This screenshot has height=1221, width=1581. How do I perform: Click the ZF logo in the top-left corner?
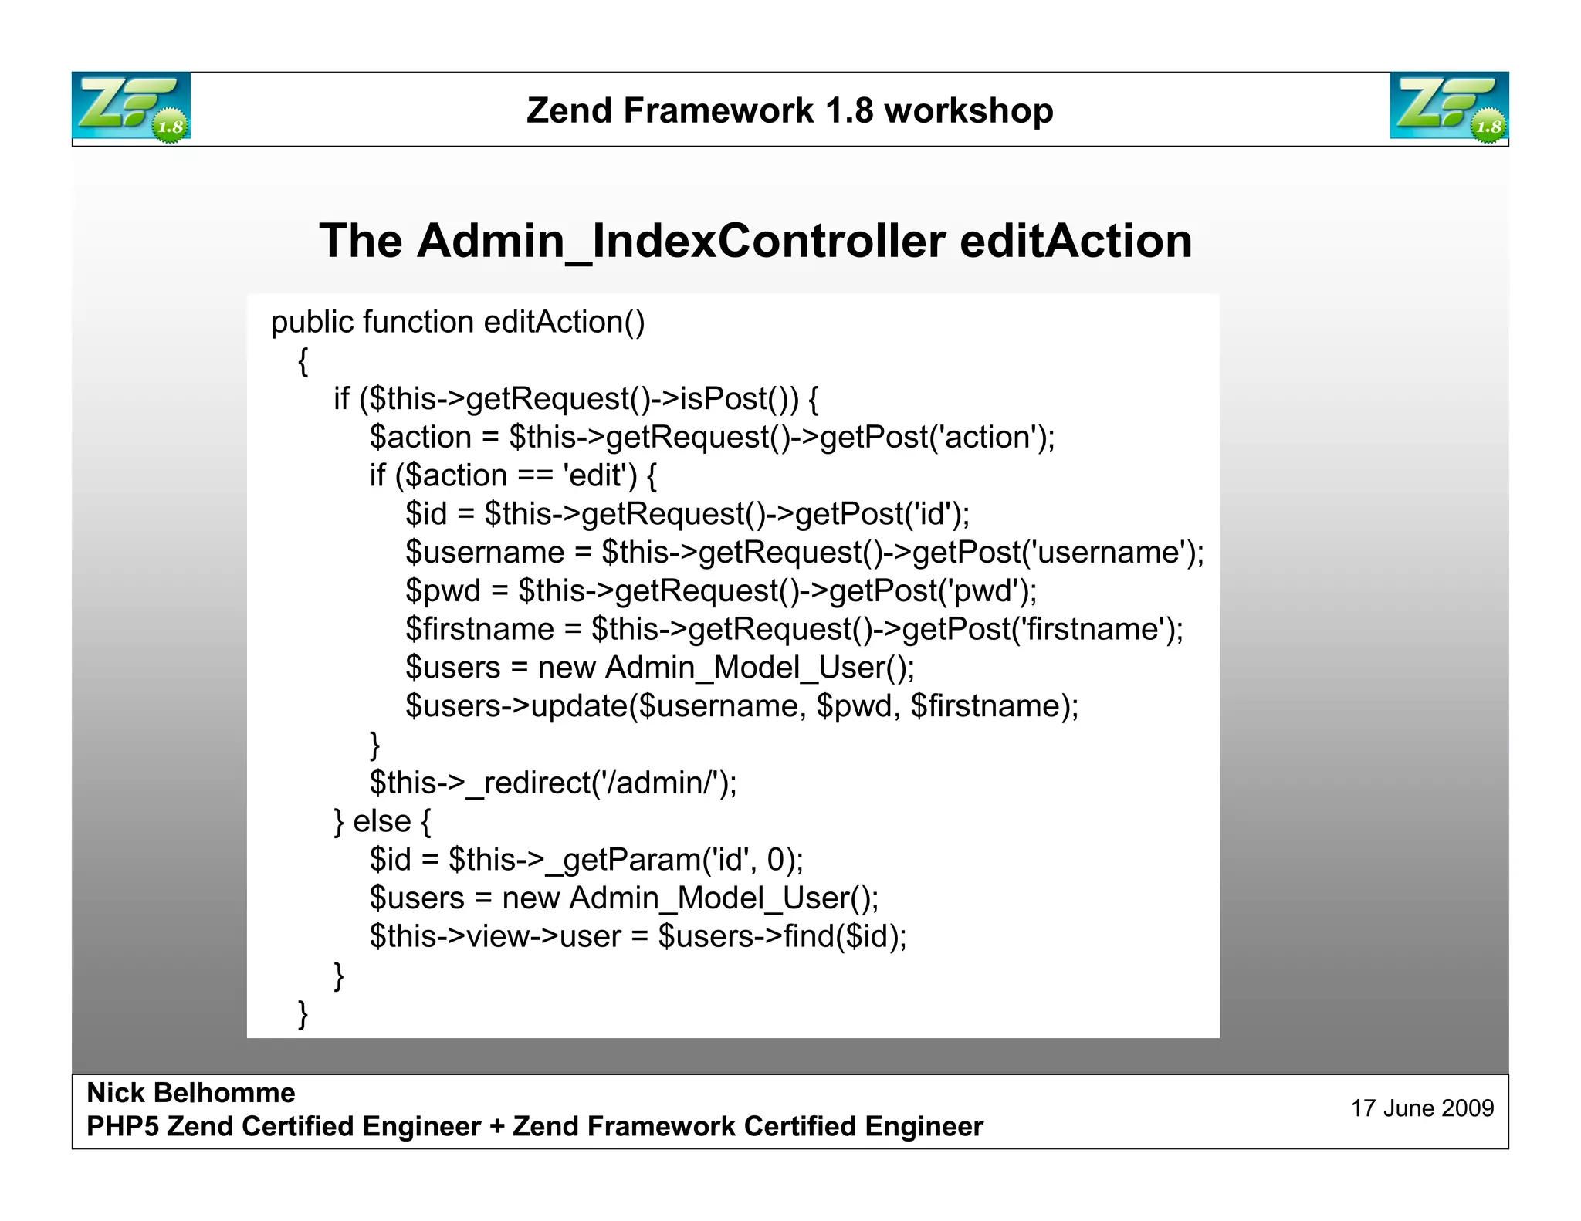(131, 107)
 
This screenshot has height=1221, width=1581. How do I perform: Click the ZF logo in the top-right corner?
(1449, 107)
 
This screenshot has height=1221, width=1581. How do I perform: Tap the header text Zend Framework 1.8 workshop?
(790, 110)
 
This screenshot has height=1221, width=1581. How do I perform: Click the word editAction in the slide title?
(1075, 241)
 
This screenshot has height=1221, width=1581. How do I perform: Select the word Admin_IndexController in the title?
(681, 241)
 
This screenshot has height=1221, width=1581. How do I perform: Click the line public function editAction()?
(457, 322)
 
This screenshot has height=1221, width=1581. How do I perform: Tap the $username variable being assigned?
(486, 553)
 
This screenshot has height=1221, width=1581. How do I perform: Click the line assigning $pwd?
(721, 591)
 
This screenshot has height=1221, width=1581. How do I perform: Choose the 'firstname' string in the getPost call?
(1092, 630)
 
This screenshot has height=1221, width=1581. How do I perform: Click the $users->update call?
(741, 706)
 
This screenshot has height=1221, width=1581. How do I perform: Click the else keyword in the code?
(381, 821)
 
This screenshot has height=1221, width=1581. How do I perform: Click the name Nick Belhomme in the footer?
(191, 1093)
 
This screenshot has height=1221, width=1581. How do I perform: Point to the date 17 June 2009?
(1422, 1108)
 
